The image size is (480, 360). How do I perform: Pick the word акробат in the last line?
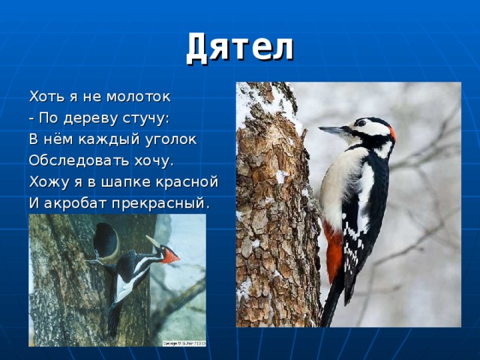73,203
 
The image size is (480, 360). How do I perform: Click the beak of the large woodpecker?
332,130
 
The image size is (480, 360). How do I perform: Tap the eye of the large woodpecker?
363,124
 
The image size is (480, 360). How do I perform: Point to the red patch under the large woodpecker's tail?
333,251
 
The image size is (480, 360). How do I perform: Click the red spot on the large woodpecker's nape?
391,133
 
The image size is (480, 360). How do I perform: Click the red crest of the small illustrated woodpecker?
172,256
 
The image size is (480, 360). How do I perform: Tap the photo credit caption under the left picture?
184,343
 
